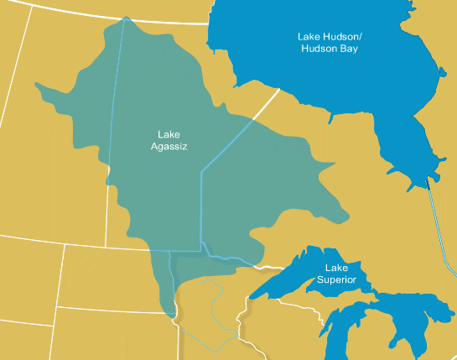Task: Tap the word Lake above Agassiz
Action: tap(169, 134)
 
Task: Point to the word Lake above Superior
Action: tap(336, 268)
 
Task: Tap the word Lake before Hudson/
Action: tap(309, 37)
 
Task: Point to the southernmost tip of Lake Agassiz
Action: tap(171, 316)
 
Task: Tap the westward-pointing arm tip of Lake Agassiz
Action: tap(37, 84)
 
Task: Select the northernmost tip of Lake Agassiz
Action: tap(125, 18)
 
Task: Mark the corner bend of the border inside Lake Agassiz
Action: tap(201, 171)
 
